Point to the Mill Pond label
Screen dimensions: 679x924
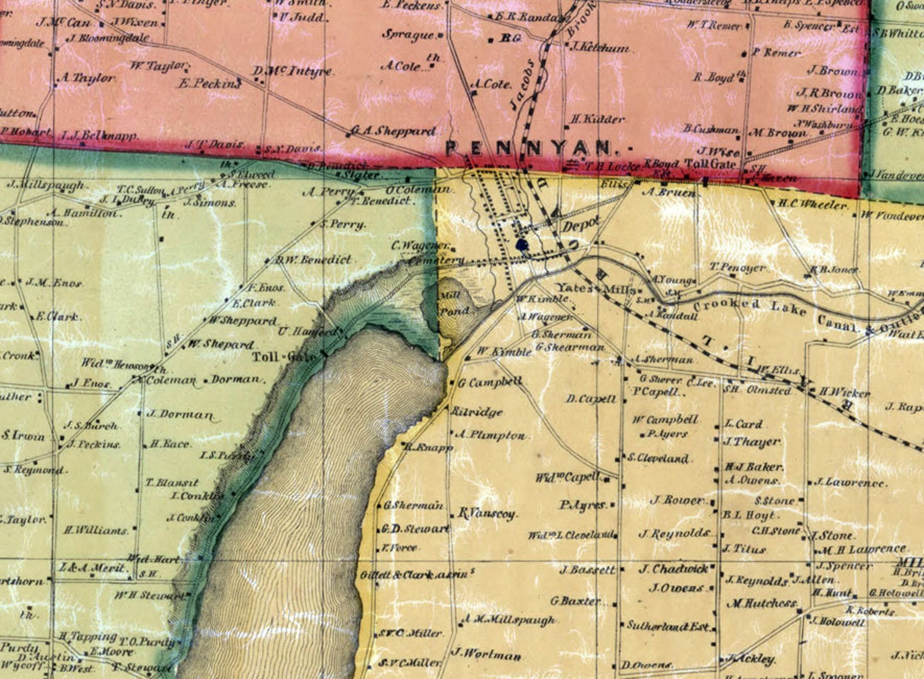pos(454,303)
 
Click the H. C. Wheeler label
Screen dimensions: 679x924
pos(813,204)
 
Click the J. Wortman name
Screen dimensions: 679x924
pos(486,654)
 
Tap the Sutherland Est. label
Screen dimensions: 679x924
pos(668,626)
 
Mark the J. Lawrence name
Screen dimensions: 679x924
pos(850,482)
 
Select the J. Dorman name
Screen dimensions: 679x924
pos(180,415)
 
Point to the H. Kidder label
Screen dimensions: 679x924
pos(597,119)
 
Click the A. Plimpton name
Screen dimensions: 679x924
pos(491,434)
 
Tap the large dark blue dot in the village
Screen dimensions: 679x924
pos(522,245)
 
